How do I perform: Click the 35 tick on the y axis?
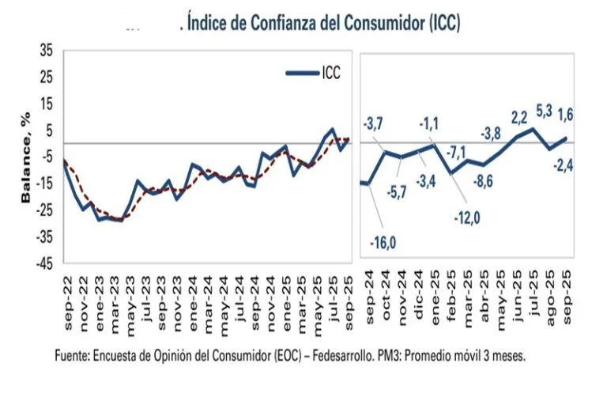[46, 51]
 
